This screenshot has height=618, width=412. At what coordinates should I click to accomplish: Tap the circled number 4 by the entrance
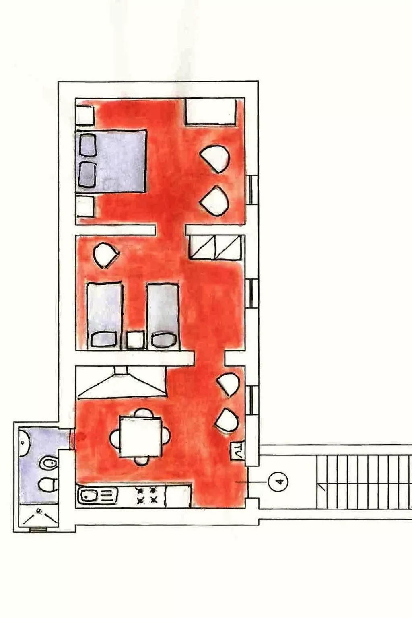pyautogui.click(x=277, y=482)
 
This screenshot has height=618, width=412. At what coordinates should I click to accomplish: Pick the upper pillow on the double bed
pyautogui.click(x=87, y=145)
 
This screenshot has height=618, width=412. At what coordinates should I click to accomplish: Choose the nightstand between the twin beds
pyautogui.click(x=136, y=340)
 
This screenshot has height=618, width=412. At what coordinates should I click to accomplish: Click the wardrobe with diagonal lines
pyautogui.click(x=216, y=248)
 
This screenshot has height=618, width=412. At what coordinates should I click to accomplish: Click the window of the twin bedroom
pyautogui.click(x=252, y=293)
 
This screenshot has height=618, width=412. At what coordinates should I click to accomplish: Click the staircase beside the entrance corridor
pyautogui.click(x=364, y=482)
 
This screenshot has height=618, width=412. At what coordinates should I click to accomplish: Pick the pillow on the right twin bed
pyautogui.click(x=164, y=340)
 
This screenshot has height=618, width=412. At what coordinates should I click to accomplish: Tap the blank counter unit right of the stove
pyautogui.click(x=178, y=496)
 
